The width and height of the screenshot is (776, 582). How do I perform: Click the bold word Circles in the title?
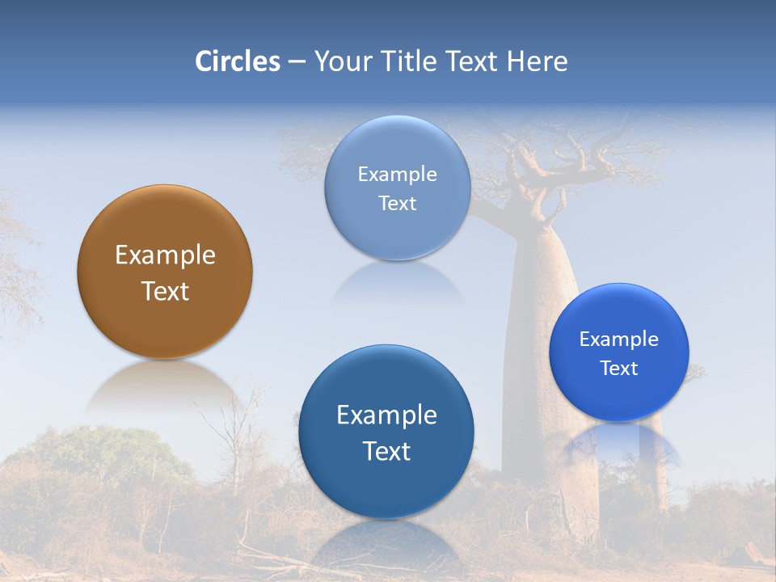tap(238, 61)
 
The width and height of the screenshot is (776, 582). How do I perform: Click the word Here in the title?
tap(537, 61)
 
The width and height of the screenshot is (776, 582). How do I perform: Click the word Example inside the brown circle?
tap(165, 255)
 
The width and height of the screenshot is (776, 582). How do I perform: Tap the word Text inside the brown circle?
tap(165, 291)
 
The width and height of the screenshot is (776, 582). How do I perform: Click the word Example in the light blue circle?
tap(397, 174)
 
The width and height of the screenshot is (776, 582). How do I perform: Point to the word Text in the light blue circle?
tap(397, 203)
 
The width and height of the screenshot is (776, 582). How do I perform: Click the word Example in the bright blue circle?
tap(618, 339)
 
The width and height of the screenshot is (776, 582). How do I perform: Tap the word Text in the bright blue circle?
tap(618, 369)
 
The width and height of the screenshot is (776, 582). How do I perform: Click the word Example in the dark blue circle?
tap(386, 415)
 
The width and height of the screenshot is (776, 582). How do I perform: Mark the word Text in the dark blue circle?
tap(386, 451)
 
